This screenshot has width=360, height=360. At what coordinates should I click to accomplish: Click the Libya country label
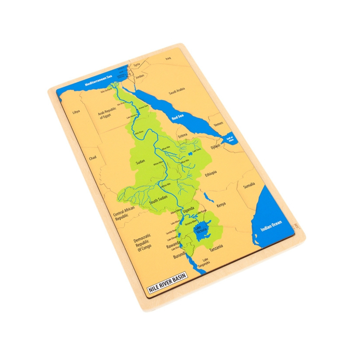click(76, 112)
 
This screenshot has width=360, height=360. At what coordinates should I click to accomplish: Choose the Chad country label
click(93, 158)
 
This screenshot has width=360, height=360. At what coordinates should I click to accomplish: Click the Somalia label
click(249, 185)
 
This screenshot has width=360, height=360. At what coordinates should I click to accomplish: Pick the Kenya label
click(221, 205)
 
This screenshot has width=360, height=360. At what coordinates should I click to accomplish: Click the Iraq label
click(168, 58)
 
